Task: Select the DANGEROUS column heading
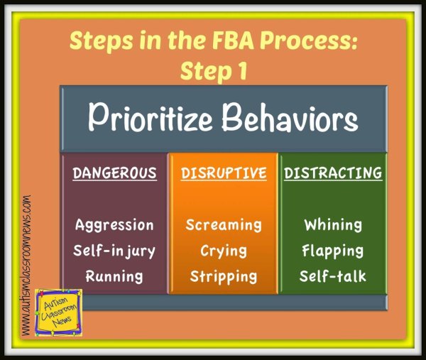click(x=115, y=173)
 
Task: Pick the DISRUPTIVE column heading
click(x=224, y=173)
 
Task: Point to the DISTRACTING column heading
click(x=333, y=173)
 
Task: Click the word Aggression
click(x=115, y=225)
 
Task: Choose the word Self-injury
click(x=115, y=251)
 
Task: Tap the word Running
click(x=115, y=276)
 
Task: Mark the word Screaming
click(x=224, y=225)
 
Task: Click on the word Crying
click(x=224, y=251)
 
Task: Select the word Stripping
click(x=224, y=276)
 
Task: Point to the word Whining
click(x=333, y=225)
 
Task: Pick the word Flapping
click(x=333, y=251)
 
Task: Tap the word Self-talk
click(x=333, y=276)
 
